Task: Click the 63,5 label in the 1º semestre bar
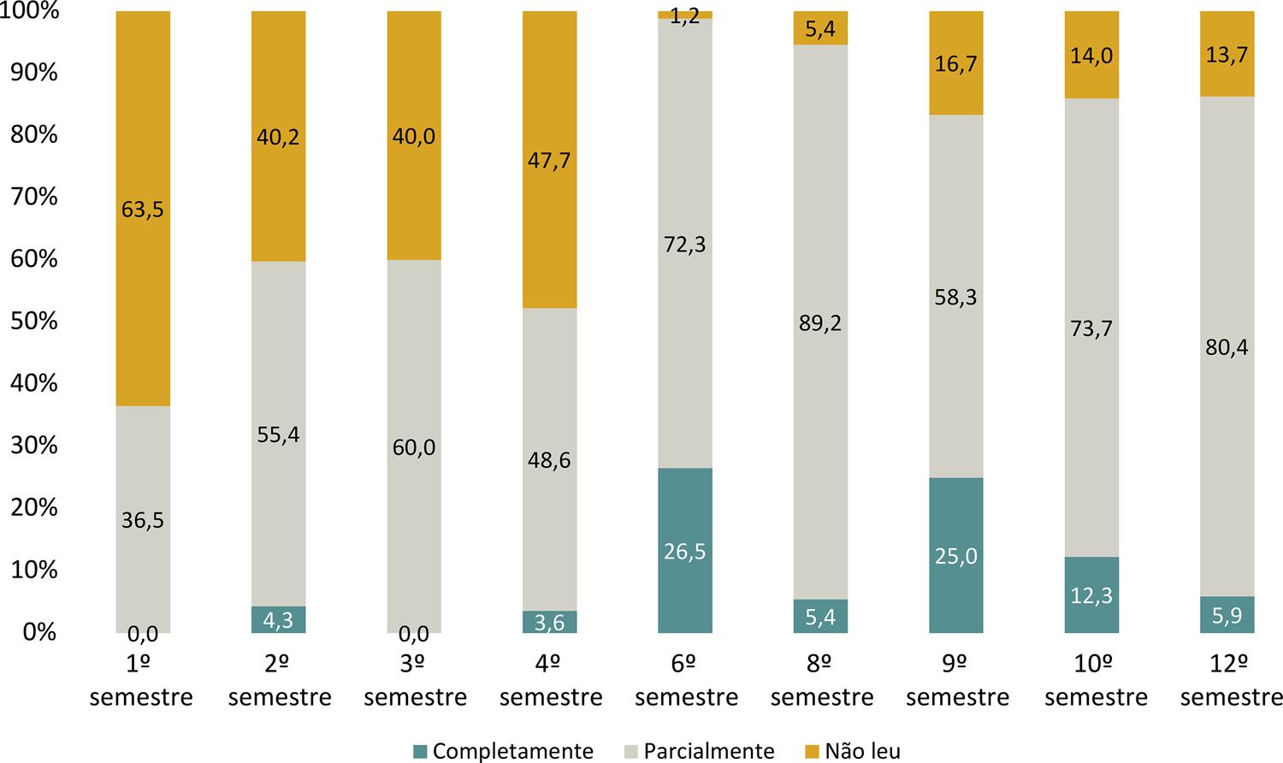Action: [x=142, y=210]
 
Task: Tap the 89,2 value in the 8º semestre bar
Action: [x=820, y=323]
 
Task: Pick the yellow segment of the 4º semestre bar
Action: [x=549, y=160]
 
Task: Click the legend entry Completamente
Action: [x=503, y=751]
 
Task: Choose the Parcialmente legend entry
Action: [x=699, y=751]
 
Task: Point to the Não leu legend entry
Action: [x=852, y=751]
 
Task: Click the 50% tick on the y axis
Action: [x=34, y=322]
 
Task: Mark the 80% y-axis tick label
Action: [x=34, y=135]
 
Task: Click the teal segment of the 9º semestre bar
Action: [x=956, y=555]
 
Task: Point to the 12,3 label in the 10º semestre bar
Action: [x=1091, y=595]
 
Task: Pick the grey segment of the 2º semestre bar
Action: [x=278, y=434]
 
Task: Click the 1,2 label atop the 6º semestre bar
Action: [x=685, y=16]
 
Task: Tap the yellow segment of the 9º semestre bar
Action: [x=956, y=63]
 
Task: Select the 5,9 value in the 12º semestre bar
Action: [x=1227, y=615]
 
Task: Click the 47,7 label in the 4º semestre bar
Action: [x=549, y=160]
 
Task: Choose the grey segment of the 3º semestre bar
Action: [x=414, y=446]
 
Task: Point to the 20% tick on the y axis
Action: [x=34, y=508]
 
